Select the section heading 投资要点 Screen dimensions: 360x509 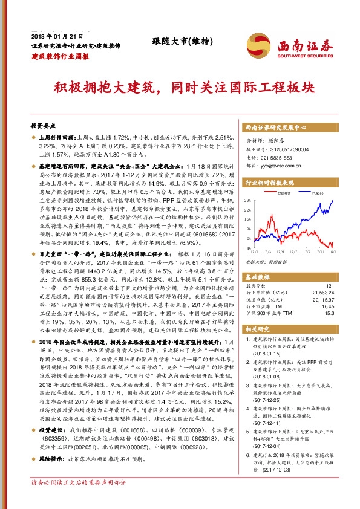tap(43, 126)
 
